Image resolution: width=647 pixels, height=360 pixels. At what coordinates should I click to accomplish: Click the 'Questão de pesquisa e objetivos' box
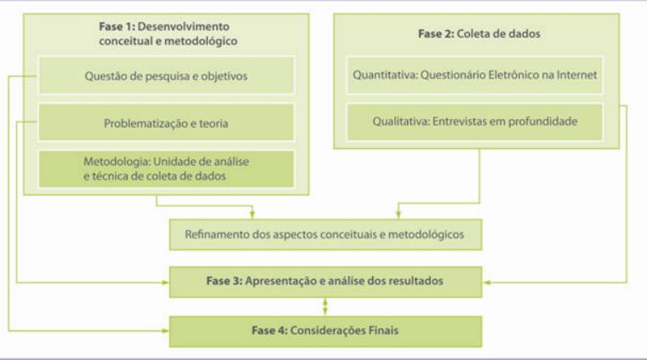tap(166, 75)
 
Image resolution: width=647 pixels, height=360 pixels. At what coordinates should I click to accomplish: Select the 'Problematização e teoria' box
tap(166, 123)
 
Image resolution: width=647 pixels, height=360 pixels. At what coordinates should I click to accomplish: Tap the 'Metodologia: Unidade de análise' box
tap(166, 169)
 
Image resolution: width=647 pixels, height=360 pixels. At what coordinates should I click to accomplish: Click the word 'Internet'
tap(581, 75)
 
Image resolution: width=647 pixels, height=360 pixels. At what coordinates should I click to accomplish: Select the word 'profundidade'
tap(543, 122)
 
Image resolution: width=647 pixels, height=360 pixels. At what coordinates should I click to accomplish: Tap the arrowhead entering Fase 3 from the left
tap(166, 280)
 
